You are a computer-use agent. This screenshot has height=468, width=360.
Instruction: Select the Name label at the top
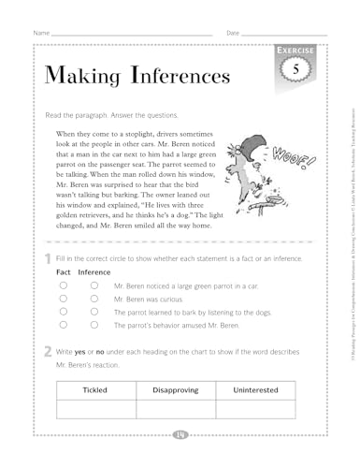pos(41,35)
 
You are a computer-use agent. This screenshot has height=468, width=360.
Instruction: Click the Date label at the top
pos(234,35)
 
